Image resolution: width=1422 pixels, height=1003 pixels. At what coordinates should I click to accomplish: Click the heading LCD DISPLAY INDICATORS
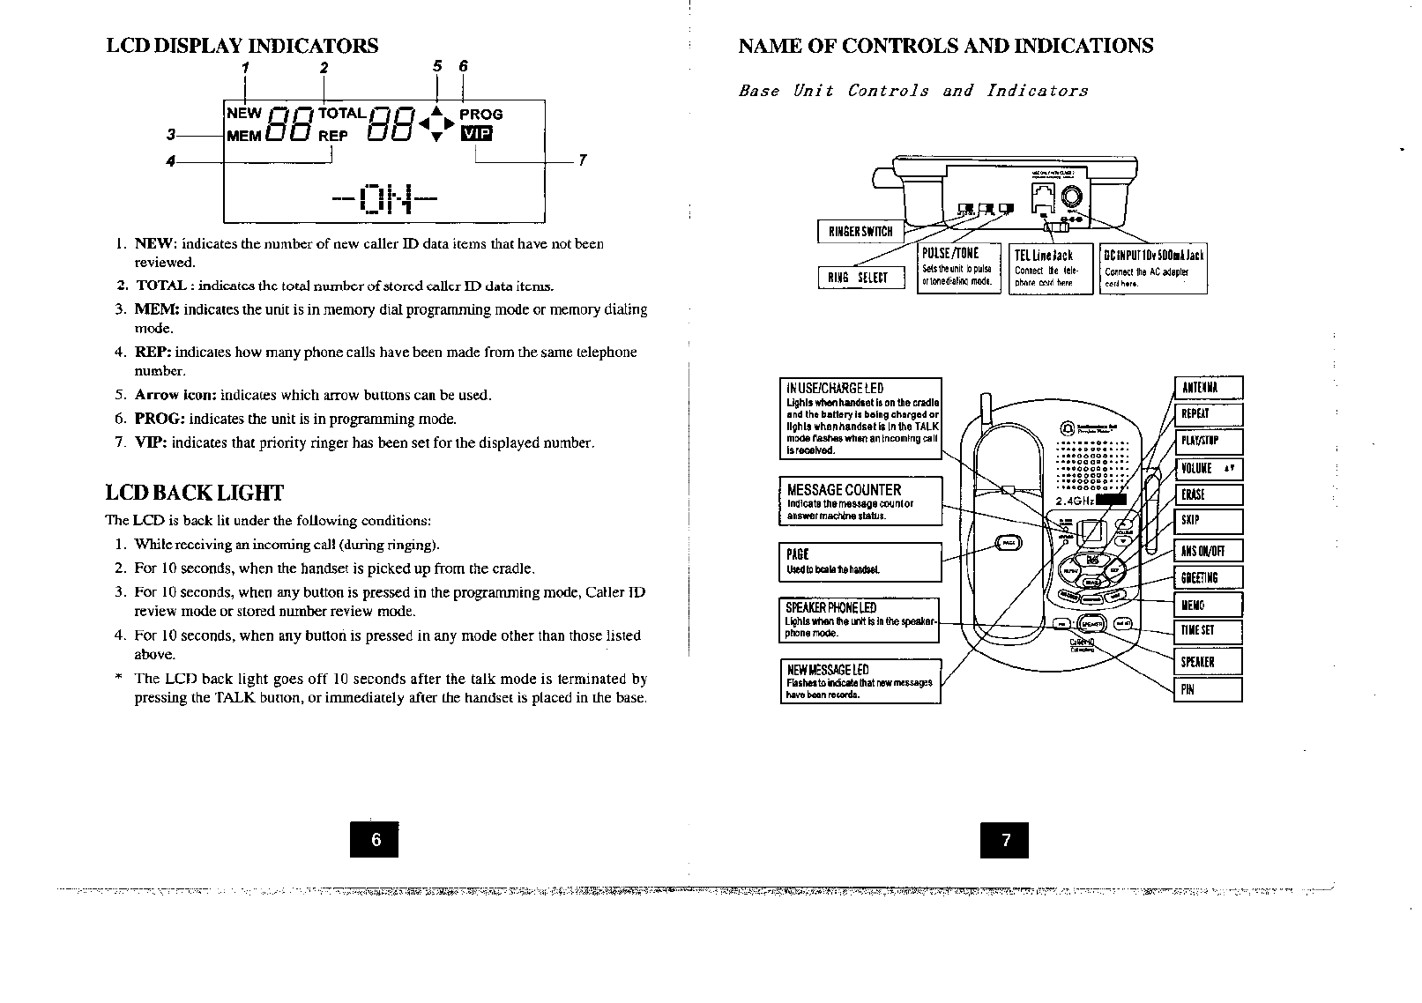(242, 46)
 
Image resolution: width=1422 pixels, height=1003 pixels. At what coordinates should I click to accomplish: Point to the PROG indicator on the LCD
(481, 115)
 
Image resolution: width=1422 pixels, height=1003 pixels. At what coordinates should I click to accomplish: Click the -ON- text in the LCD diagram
(384, 200)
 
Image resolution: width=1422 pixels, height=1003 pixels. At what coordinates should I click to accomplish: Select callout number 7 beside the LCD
(582, 160)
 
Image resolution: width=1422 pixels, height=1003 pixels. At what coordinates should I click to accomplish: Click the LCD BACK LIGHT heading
(194, 493)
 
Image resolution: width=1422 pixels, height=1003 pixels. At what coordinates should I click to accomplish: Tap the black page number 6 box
(375, 839)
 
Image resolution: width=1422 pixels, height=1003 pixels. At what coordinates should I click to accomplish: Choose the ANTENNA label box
(1209, 389)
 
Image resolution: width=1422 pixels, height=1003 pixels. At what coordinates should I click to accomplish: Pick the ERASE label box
(1209, 495)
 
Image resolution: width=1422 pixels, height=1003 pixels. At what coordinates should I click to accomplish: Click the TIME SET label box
(1209, 631)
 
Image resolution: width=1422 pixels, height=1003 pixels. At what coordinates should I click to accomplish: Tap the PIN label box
(1209, 690)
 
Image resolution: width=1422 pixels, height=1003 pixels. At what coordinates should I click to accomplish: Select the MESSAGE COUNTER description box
(860, 501)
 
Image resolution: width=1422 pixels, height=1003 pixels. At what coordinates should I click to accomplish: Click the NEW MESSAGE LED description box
(860, 681)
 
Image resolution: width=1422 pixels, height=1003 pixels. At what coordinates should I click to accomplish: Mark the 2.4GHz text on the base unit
(1075, 501)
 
